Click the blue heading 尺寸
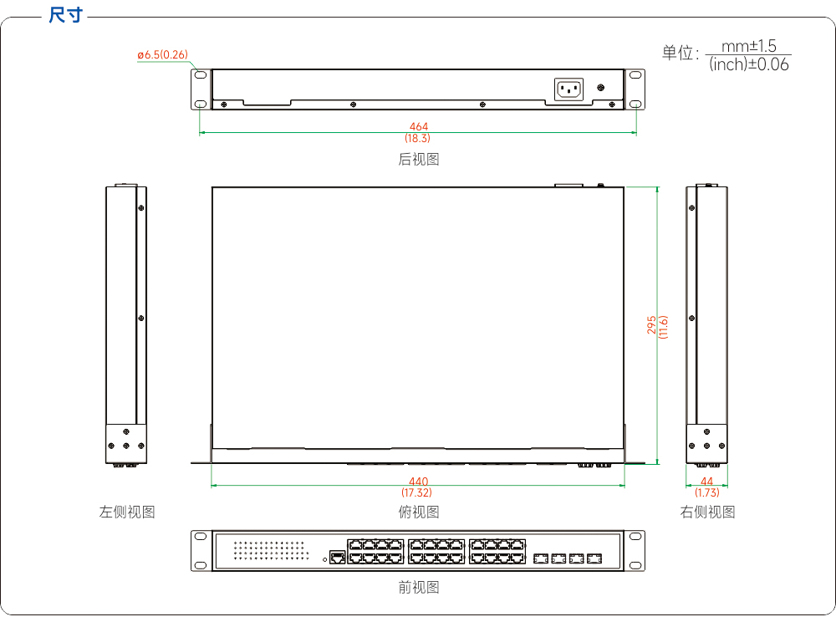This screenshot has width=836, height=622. pyautogui.click(x=65, y=14)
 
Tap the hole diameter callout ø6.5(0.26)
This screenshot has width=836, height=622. pyautogui.click(x=163, y=54)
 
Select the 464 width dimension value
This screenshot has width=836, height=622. pyautogui.click(x=419, y=126)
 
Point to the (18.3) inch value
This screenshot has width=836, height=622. pyautogui.click(x=417, y=138)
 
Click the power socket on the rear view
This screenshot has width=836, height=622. pyautogui.click(x=568, y=89)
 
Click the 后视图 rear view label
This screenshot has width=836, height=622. pyautogui.click(x=419, y=159)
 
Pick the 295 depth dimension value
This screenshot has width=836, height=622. pyautogui.click(x=651, y=325)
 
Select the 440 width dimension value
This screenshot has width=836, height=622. pyautogui.click(x=419, y=482)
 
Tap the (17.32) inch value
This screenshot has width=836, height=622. pyautogui.click(x=417, y=492)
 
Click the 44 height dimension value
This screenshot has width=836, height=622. pyautogui.click(x=706, y=482)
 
